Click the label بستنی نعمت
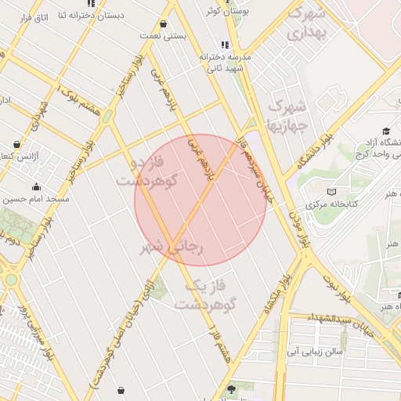pyautogui.click(x=161, y=36)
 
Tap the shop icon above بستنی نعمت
pyautogui.click(x=162, y=23)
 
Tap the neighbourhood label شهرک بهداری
pyautogui.click(x=306, y=23)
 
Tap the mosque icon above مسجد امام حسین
pyautogui.click(x=36, y=186)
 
